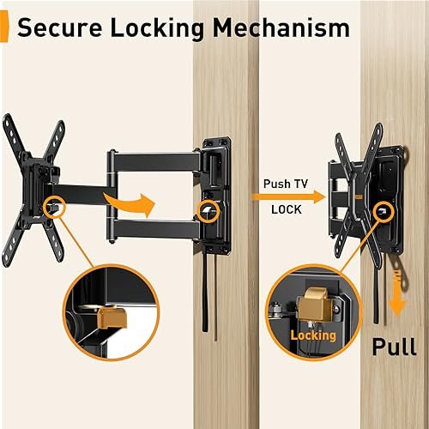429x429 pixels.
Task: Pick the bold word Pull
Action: (x=393, y=348)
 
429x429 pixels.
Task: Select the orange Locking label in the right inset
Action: (x=312, y=335)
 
